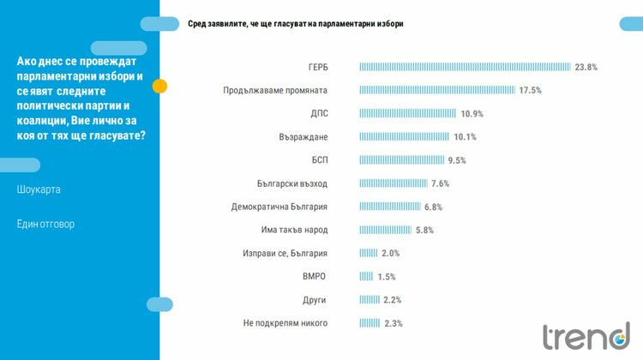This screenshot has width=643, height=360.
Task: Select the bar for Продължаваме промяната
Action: point(437,90)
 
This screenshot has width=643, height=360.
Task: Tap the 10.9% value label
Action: point(472,113)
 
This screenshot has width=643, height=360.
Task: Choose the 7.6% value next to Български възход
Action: point(440,183)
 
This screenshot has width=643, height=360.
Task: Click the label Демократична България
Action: point(280,207)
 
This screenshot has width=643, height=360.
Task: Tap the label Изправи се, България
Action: point(285,253)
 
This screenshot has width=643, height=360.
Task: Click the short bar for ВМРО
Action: point(366,276)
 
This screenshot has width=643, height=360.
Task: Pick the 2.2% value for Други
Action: point(393,300)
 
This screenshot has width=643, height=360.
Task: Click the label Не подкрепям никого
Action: point(285,323)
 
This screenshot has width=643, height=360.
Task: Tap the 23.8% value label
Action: point(586,67)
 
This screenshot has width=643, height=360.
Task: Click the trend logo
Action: point(586,336)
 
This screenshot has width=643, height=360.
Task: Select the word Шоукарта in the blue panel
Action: point(39,189)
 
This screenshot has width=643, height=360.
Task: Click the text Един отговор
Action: point(45,224)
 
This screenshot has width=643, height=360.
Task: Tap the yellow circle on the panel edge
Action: point(159,86)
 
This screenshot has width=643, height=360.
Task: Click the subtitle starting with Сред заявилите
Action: point(296,24)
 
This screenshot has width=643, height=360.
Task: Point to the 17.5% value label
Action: point(531,90)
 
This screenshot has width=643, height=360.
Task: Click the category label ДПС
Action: point(319,113)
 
